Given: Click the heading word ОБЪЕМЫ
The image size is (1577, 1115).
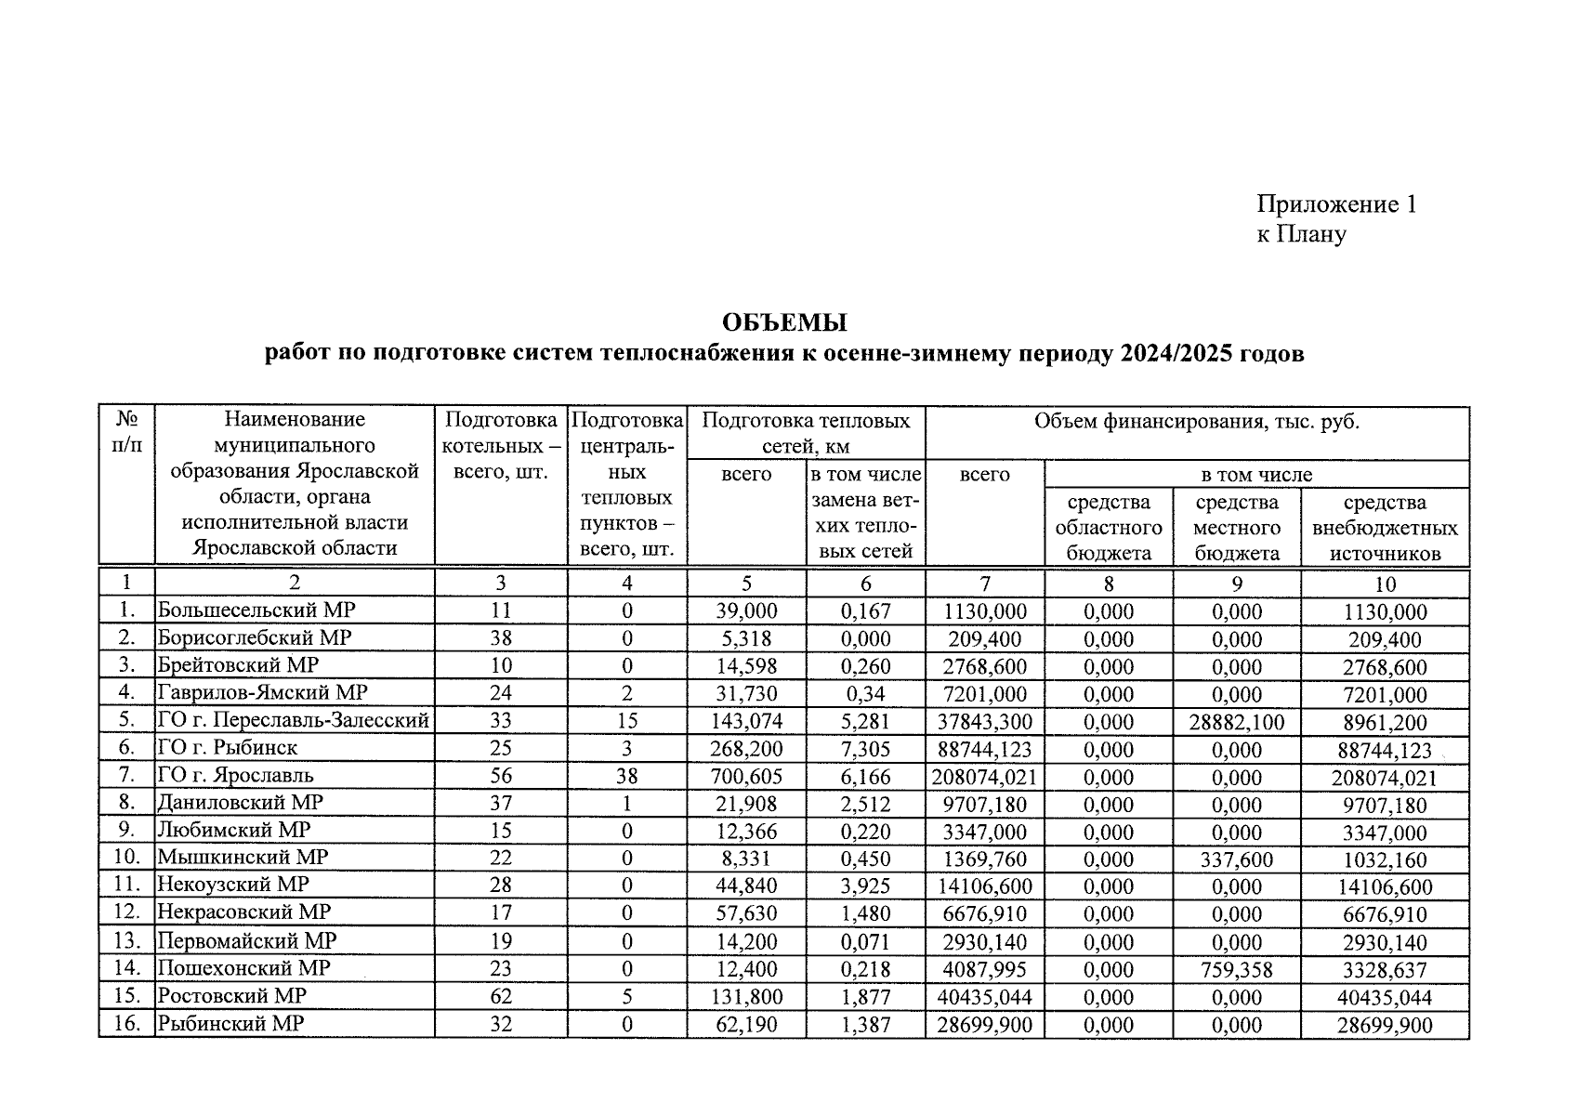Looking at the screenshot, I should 784,323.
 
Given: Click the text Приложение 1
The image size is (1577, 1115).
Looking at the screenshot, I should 1336,204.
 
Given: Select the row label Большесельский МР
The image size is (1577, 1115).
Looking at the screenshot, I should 256,610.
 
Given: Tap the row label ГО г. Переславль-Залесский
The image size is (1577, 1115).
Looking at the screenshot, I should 294,720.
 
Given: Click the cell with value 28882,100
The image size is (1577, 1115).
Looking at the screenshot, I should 1237,722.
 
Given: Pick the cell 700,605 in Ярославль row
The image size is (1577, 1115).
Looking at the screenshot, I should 746,777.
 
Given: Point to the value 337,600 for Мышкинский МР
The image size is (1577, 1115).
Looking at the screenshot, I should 1237,859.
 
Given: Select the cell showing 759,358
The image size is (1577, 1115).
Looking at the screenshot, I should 1237,970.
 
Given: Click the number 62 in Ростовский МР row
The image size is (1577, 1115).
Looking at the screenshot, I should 501,997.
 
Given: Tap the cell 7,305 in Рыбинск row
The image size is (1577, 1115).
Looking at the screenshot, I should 865,749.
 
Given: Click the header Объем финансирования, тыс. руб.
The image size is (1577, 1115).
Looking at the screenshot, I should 1197,422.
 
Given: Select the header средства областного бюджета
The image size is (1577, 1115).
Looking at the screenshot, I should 1109,528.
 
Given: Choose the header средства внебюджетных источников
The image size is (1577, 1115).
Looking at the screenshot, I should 1385,528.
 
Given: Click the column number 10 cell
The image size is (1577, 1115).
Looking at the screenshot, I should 1385,584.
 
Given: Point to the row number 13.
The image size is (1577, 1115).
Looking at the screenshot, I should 126,941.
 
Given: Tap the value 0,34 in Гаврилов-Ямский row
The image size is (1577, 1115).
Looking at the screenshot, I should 865,694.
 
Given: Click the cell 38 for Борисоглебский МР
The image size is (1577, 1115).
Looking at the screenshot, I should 501,638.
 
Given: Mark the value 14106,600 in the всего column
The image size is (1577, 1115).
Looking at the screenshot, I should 985,887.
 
